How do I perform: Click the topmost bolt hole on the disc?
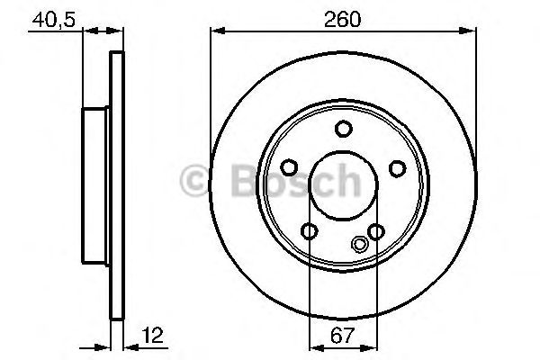342,129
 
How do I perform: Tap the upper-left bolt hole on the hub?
288,167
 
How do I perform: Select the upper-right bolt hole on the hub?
396,167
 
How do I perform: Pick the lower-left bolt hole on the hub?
309,232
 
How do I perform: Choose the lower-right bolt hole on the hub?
376,232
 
